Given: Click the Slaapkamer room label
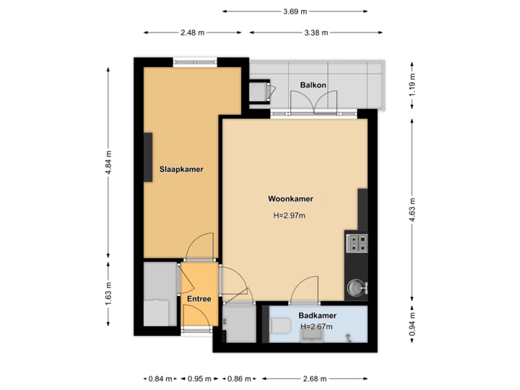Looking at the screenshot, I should [181, 170].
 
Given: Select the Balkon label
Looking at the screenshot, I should [313, 85].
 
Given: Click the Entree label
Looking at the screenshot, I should [199, 299].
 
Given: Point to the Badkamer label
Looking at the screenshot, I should [317, 315].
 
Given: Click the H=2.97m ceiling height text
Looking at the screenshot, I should [289, 215].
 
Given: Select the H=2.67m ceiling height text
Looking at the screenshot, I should [316, 326].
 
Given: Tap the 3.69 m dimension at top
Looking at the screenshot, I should [295, 12].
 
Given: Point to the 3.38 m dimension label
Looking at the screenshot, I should [316, 32].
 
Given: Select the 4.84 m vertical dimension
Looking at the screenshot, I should [109, 162].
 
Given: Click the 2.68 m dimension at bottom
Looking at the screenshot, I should [315, 378].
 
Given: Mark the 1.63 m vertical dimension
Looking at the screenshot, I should [109, 293].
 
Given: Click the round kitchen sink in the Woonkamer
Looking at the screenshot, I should [355, 288].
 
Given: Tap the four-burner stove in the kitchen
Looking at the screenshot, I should [357, 243].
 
